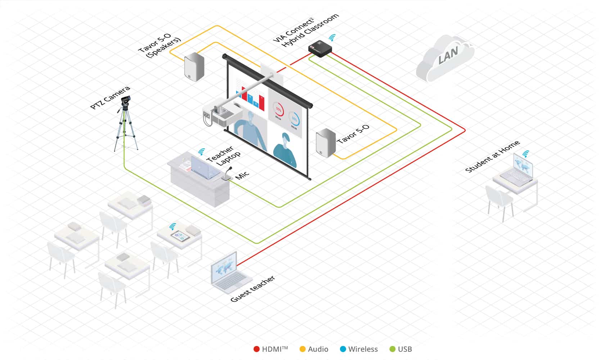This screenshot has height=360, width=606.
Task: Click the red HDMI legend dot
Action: point(257,349)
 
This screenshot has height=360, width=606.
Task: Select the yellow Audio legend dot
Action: point(303,349)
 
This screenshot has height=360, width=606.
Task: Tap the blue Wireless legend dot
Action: point(343,349)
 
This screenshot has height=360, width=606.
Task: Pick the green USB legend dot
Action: point(393,349)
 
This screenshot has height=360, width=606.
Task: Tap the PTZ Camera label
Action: point(110,98)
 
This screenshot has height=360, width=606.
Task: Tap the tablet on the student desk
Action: point(180,237)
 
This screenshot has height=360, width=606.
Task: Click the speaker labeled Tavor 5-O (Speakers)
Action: point(194,67)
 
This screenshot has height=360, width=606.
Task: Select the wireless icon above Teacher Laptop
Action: point(202,152)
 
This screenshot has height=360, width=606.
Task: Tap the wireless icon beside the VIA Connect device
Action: point(332,37)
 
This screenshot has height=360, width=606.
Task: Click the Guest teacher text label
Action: point(253,289)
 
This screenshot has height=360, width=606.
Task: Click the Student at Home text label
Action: point(492,157)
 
